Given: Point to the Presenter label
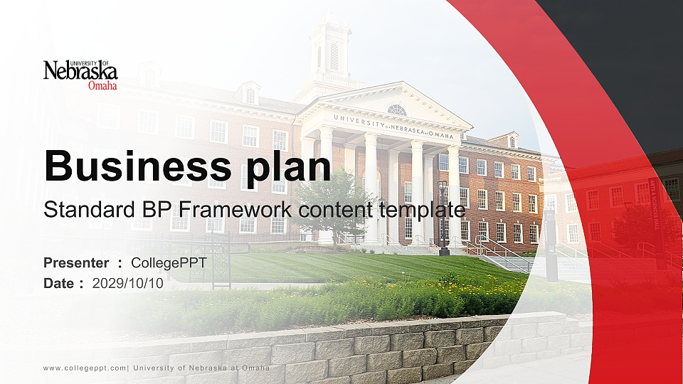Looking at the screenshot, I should click(x=76, y=263).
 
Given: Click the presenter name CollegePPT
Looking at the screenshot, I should click(x=169, y=263).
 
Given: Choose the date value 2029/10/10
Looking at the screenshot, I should click(x=128, y=283).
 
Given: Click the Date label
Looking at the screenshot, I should click(x=59, y=283).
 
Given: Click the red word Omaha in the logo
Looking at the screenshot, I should click(x=102, y=86).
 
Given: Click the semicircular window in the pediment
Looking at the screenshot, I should click(x=396, y=110).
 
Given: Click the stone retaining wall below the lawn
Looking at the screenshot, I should click(x=356, y=348).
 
